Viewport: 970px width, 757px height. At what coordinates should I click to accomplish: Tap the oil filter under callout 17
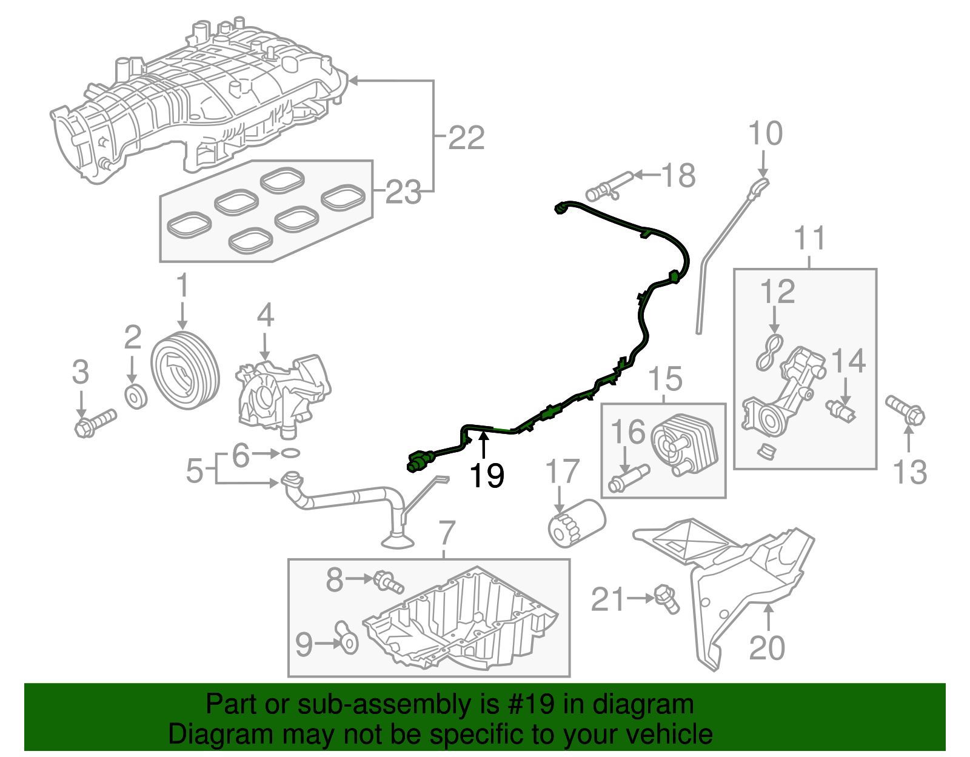[576, 522]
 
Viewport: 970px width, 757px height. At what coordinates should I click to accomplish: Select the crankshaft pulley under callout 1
[184, 370]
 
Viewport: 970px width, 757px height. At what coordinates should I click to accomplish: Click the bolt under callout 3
[95, 423]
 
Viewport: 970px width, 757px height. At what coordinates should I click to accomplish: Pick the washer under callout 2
[136, 396]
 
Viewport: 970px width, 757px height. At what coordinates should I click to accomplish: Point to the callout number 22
[466, 138]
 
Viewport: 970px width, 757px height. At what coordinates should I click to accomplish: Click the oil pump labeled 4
[283, 393]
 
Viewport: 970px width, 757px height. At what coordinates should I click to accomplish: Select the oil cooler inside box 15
[684, 445]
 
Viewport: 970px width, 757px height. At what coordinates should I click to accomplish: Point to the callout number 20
[767, 648]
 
